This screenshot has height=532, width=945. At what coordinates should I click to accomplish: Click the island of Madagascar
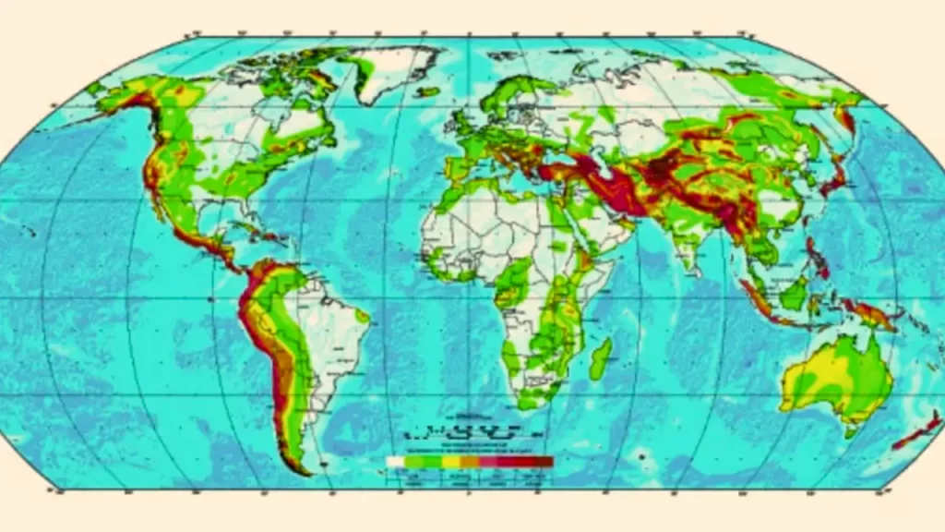[x=600, y=358]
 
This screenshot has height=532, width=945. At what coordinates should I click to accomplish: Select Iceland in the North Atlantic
[x=426, y=91]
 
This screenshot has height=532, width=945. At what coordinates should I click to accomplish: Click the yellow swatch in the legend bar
[x=451, y=460]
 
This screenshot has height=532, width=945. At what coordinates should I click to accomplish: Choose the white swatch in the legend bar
[x=396, y=460]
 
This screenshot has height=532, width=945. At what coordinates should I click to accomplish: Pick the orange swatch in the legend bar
[x=470, y=460]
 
